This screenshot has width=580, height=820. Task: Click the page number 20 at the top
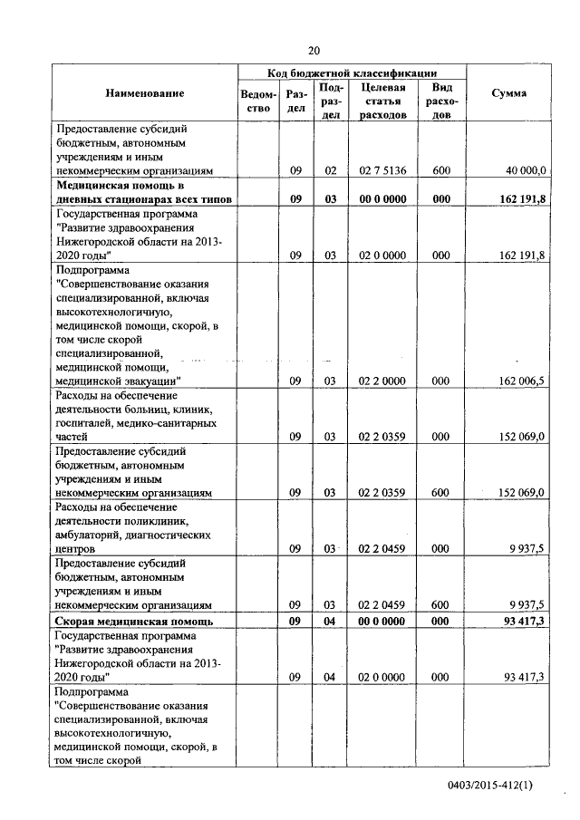tap(314, 51)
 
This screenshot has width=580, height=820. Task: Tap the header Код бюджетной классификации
tap(353, 72)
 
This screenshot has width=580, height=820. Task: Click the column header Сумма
tap(508, 93)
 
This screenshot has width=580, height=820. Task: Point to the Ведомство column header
tap(258, 101)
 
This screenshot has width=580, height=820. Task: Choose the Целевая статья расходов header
tap(382, 101)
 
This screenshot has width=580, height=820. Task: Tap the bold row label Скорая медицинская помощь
tap(134, 622)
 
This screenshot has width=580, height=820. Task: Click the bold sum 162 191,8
tap(521, 198)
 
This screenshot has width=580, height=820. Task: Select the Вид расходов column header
tap(441, 101)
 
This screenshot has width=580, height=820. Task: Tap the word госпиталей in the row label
tap(89, 423)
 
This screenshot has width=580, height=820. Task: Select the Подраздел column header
tap(331, 101)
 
